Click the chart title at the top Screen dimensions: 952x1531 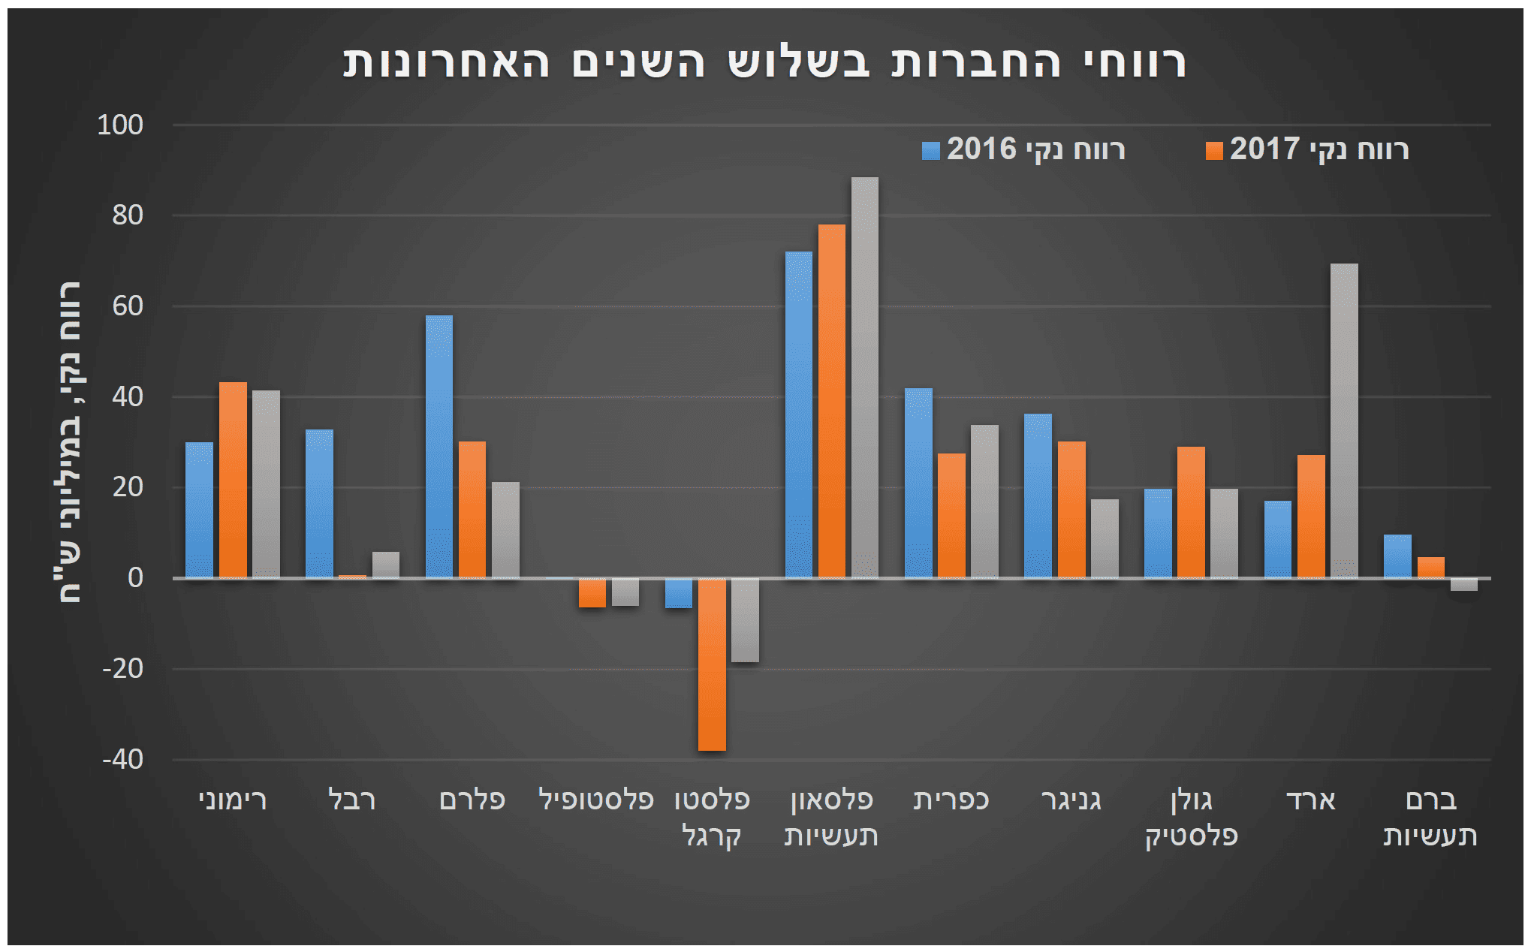click(x=764, y=62)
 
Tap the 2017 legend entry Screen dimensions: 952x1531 click(x=1307, y=149)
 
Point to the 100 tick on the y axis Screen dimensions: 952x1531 click(x=120, y=125)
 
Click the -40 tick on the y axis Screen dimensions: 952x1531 click(x=122, y=759)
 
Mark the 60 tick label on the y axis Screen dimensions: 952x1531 click(x=127, y=306)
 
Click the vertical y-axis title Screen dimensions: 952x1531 click(x=71, y=443)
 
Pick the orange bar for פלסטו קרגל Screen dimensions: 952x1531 click(x=712, y=664)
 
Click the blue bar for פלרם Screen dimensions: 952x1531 click(x=439, y=447)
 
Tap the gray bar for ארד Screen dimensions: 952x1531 click(x=1344, y=420)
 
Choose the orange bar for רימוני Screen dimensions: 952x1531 click(x=233, y=481)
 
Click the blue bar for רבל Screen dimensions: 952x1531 click(x=319, y=504)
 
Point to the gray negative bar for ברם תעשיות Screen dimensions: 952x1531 click(x=1463, y=585)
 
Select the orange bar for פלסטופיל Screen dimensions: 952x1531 click(x=592, y=592)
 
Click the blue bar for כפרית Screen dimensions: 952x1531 click(x=918, y=483)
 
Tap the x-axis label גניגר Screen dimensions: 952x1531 click(x=1071, y=800)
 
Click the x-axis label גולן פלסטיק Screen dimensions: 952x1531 click(x=1191, y=818)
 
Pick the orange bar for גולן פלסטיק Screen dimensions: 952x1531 click(x=1191, y=512)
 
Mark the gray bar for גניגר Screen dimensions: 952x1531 click(x=1105, y=538)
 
